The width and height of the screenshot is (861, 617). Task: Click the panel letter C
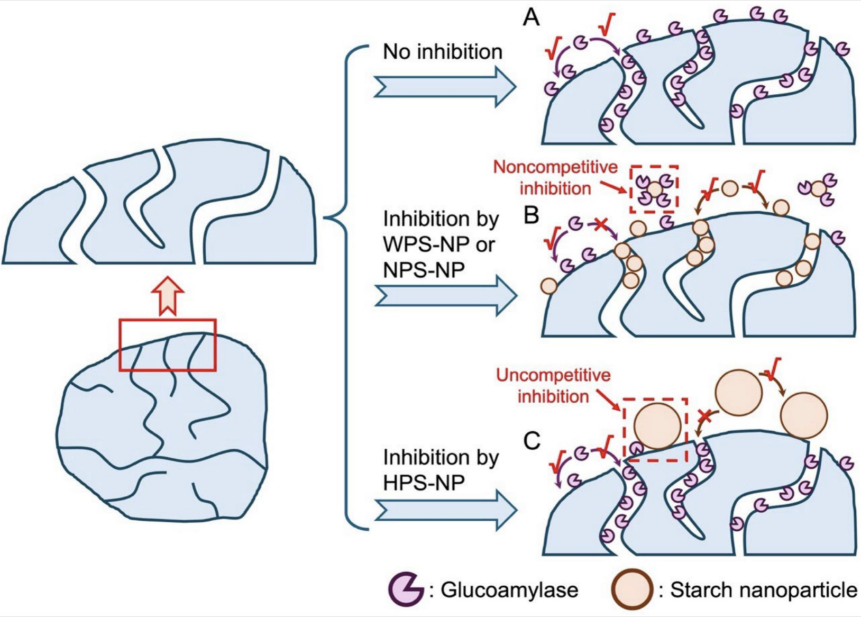[531, 440]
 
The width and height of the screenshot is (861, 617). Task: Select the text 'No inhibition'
[442, 52]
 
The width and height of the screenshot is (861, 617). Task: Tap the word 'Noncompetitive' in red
[555, 167]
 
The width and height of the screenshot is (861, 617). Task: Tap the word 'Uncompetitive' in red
[553, 375]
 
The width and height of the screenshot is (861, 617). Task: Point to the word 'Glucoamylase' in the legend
[509, 589]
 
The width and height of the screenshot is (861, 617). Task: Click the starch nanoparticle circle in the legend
[631, 589]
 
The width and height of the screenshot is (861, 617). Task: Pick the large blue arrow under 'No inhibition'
[444, 86]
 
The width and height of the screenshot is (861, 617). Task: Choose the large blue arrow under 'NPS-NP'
[444, 296]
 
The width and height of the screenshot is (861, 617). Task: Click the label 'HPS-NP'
[424, 482]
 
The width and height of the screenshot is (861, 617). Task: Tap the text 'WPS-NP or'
[438, 244]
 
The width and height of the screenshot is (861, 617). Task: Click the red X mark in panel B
[600, 224]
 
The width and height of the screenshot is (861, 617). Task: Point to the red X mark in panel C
[704, 416]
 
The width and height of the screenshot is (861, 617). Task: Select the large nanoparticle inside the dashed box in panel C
[657, 426]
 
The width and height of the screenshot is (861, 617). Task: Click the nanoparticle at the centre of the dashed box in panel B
[655, 189]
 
